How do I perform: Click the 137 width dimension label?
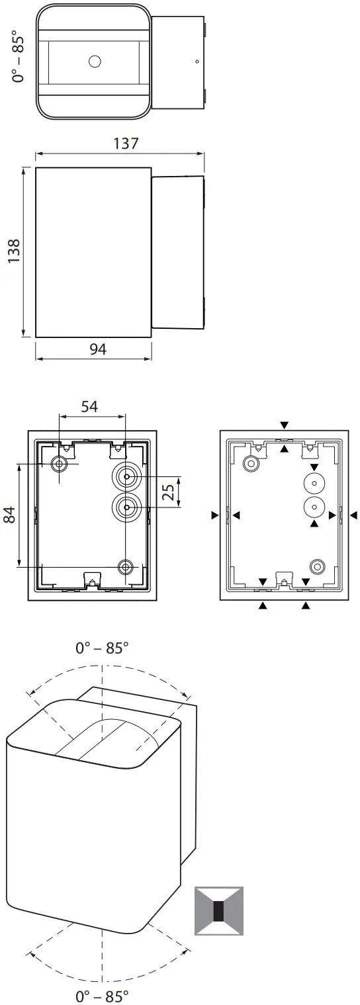pos(125,142)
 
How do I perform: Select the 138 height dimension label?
pos(14,252)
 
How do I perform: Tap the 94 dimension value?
pos(98,349)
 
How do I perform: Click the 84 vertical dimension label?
pos(11,515)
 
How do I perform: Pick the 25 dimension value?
pos(169,492)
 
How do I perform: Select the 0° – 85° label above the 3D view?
pos(102,648)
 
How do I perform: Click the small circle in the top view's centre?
pos(94,62)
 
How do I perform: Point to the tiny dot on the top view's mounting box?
pos(197,62)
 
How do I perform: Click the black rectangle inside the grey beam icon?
pos(218,911)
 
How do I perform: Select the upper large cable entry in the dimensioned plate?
pos(125,476)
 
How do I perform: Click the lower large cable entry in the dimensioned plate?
pos(125,507)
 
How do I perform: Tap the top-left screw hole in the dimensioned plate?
pos(60,464)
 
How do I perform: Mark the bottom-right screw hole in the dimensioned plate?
pos(125,566)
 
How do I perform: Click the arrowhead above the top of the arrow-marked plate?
pos(284,425)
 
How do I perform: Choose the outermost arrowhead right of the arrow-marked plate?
pos(353,514)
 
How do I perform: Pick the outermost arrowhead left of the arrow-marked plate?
pos(214,514)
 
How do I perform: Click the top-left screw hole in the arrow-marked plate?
pos(251,464)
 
